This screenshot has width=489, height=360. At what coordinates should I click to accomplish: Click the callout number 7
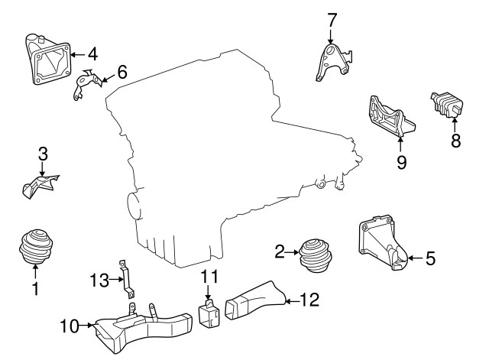pos(332,21)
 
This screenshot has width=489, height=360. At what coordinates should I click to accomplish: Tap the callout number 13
pos(99,280)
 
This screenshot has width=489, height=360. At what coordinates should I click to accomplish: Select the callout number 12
pos(309,300)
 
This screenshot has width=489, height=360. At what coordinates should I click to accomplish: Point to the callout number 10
pos(70,326)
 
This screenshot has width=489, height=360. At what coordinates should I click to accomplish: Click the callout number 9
pos(401,162)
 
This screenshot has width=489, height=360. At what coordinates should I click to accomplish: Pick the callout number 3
pos(43,154)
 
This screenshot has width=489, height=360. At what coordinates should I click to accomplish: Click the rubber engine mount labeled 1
pos(36,247)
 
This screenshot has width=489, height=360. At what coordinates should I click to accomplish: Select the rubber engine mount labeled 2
pos(316,256)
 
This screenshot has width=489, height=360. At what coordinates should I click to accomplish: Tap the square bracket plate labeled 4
pos(47,60)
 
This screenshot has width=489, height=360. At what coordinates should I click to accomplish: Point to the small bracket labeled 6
pos(86,84)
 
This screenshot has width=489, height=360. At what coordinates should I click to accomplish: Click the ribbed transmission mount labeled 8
pos(446,105)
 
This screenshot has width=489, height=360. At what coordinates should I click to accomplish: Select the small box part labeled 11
pos(209,313)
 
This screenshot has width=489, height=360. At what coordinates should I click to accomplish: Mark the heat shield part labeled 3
pos(40,186)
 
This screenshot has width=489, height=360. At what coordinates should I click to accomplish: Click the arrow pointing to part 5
pos(415,258)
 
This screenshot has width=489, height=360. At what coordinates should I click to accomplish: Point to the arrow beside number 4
pos(78,55)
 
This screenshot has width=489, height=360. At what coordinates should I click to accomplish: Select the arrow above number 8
pos(455,125)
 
